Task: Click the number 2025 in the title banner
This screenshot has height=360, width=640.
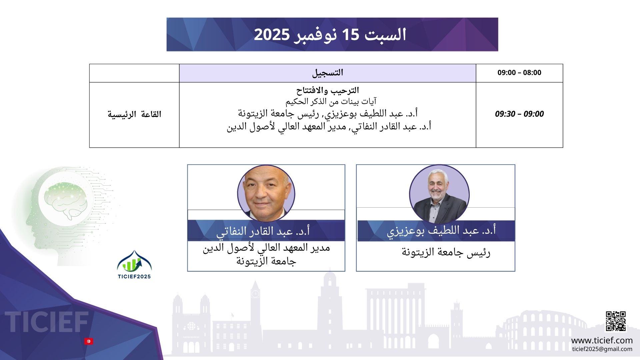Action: click(x=272, y=35)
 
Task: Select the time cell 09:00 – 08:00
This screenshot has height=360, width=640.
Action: click(x=519, y=73)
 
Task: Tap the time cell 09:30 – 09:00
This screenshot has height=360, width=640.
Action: click(x=519, y=114)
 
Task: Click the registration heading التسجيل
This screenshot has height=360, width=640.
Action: click(x=328, y=73)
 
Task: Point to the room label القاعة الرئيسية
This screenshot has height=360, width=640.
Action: click(x=134, y=114)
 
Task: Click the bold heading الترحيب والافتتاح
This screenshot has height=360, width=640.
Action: click(x=328, y=90)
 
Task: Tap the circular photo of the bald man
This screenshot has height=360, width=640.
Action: click(x=266, y=194)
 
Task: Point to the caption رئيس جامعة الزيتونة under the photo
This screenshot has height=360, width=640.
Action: click(x=446, y=252)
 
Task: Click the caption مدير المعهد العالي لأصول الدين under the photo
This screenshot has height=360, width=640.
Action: click(x=266, y=248)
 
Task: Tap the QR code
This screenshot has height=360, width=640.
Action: click(x=616, y=321)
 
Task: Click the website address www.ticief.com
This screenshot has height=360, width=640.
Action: click(x=602, y=340)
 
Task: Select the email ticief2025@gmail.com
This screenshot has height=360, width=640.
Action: click(x=602, y=349)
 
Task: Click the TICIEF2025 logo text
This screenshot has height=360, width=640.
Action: click(x=134, y=276)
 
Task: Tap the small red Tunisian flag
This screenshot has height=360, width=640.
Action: click(x=89, y=341)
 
